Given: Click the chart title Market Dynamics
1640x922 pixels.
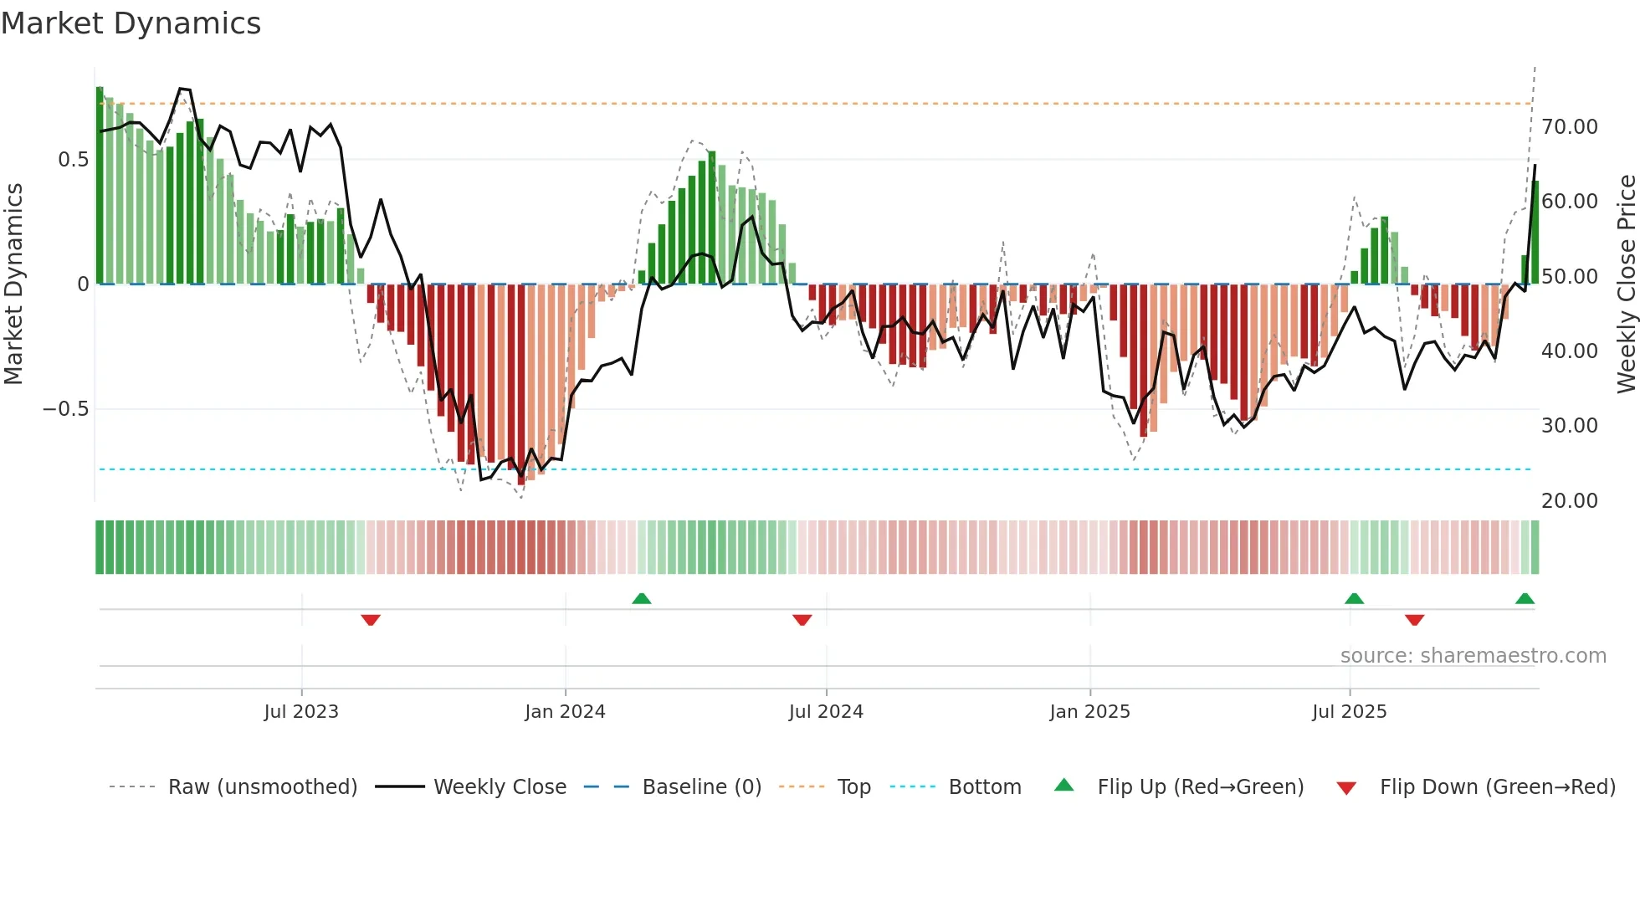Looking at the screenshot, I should tap(131, 23).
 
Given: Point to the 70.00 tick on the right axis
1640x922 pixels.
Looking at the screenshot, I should tap(1569, 127).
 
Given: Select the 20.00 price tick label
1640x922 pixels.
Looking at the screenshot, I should tap(1569, 501).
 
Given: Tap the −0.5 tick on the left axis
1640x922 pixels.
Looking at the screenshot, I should tap(65, 409).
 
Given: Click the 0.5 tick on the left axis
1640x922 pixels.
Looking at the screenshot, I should tap(73, 160).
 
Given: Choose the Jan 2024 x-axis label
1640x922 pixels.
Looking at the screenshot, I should tap(565, 712).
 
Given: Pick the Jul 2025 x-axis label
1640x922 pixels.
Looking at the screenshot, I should tap(1349, 712).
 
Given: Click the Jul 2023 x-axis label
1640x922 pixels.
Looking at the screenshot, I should tap(301, 712).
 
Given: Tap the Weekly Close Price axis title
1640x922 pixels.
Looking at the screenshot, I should tap(1626, 284).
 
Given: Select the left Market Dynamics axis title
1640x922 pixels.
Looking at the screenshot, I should tap(13, 284).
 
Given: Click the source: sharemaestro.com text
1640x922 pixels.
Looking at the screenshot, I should tap(1473, 656).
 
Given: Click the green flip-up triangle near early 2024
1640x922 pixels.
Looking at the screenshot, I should tap(642, 599).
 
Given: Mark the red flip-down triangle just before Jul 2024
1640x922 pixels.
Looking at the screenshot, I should tap(802, 620).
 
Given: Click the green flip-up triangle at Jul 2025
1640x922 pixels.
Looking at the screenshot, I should tap(1354, 599).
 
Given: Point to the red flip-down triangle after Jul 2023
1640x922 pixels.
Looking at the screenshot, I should tap(371, 620).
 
